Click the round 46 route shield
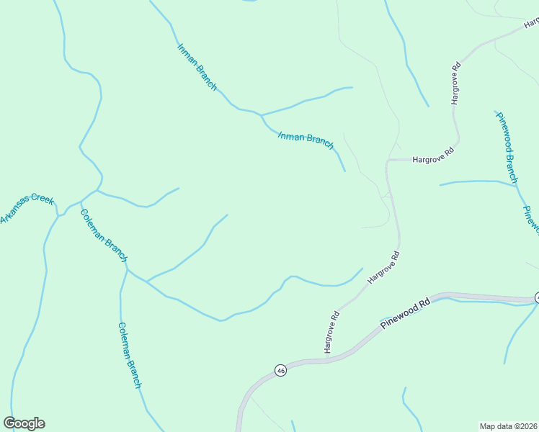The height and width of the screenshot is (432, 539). pyautogui.click(x=280, y=370)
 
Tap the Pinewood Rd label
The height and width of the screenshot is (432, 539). pyautogui.click(x=405, y=313)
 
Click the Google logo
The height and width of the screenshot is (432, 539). pyautogui.click(x=24, y=423)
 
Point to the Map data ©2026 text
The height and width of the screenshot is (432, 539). pyautogui.click(x=508, y=426)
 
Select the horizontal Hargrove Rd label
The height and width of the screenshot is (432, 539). pyautogui.click(x=432, y=156)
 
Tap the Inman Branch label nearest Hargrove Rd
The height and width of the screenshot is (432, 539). pyautogui.click(x=306, y=140)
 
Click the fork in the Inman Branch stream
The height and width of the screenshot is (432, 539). pyautogui.click(x=261, y=114)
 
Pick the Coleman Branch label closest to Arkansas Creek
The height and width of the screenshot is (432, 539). pyautogui.click(x=104, y=235)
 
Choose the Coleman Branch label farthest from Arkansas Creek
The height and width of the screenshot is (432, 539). pyautogui.click(x=130, y=355)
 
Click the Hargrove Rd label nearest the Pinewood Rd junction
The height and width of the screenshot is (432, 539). pyautogui.click(x=331, y=331)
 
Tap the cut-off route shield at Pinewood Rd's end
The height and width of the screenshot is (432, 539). pyautogui.click(x=536, y=297)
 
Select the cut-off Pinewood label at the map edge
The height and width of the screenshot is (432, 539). pyautogui.click(x=531, y=220)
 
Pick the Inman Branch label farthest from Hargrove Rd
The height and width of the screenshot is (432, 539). pyautogui.click(x=197, y=67)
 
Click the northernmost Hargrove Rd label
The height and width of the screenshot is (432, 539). pyautogui.click(x=455, y=84)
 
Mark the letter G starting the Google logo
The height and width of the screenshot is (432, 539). pyautogui.click(x=9, y=423)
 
